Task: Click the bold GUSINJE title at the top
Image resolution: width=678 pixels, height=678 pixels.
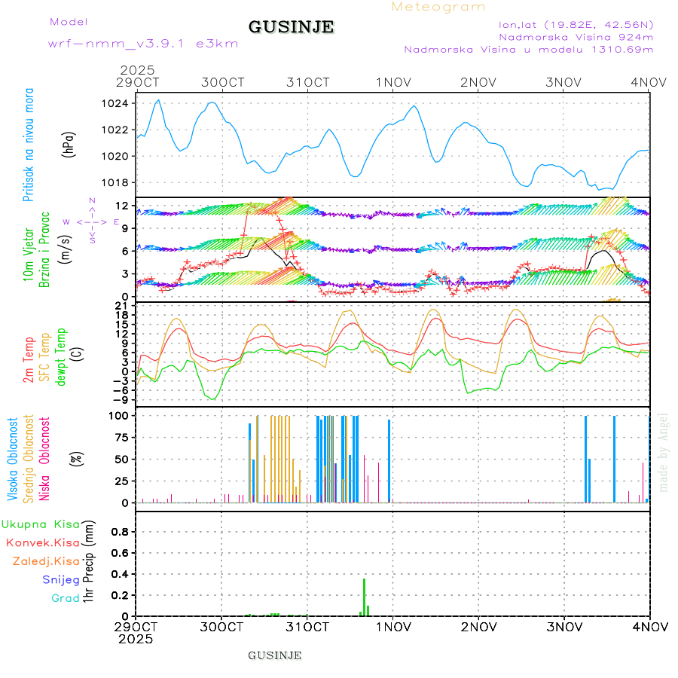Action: coord(291,27)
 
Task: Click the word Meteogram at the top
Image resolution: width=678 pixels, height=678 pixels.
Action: coord(438,7)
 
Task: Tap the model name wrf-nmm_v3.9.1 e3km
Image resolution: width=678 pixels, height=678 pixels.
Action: coord(143,43)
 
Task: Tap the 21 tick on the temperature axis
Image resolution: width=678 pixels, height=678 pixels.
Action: coord(122,305)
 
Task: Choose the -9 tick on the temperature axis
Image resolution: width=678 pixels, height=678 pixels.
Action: coord(121,400)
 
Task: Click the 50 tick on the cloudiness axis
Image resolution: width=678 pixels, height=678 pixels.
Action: coord(120,459)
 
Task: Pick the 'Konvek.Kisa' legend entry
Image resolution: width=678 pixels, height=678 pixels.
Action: coord(43,542)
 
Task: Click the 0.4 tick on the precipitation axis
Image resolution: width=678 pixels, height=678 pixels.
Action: coord(120,574)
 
